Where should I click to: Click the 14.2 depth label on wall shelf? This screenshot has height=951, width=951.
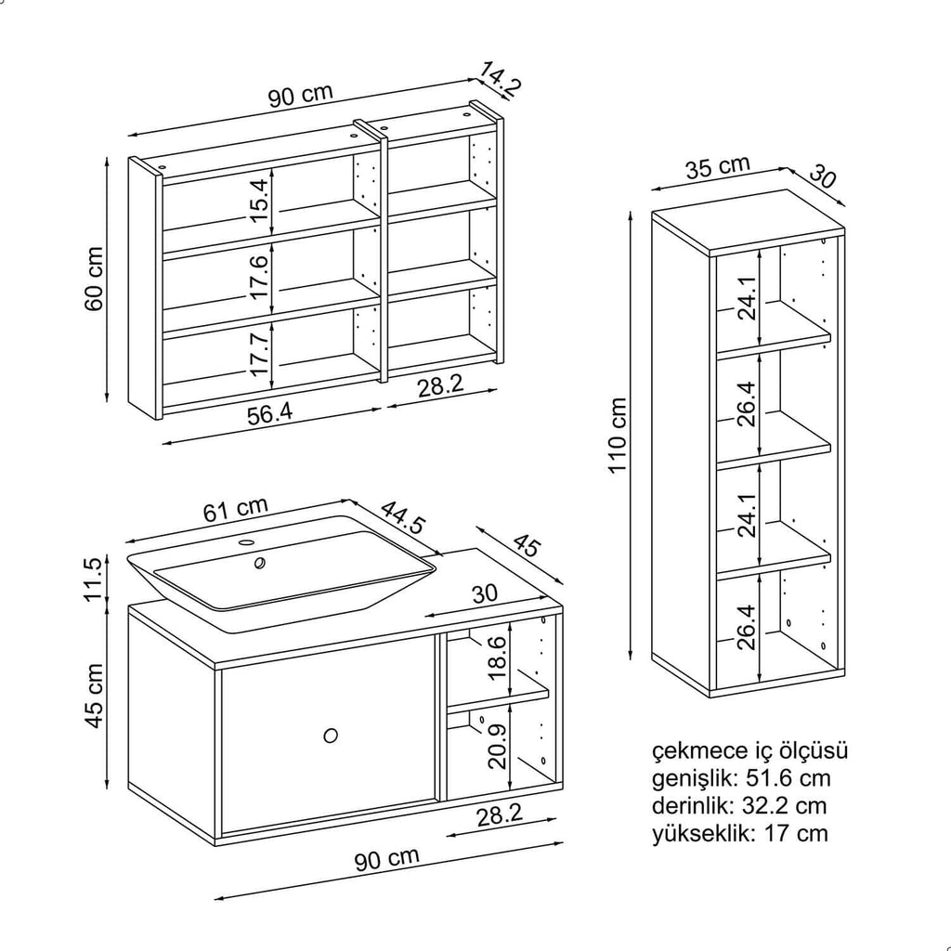click(x=501, y=79)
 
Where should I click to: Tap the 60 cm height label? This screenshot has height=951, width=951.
click(x=95, y=279)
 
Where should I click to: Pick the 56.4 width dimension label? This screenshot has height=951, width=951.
click(x=269, y=414)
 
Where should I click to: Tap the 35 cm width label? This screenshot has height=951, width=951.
click(x=718, y=168)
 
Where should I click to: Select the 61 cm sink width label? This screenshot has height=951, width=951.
click(x=236, y=510)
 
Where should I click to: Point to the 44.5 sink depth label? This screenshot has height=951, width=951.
click(x=402, y=516)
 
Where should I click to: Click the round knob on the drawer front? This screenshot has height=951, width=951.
click(x=331, y=736)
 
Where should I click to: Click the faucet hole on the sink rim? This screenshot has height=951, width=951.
click(x=248, y=541)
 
